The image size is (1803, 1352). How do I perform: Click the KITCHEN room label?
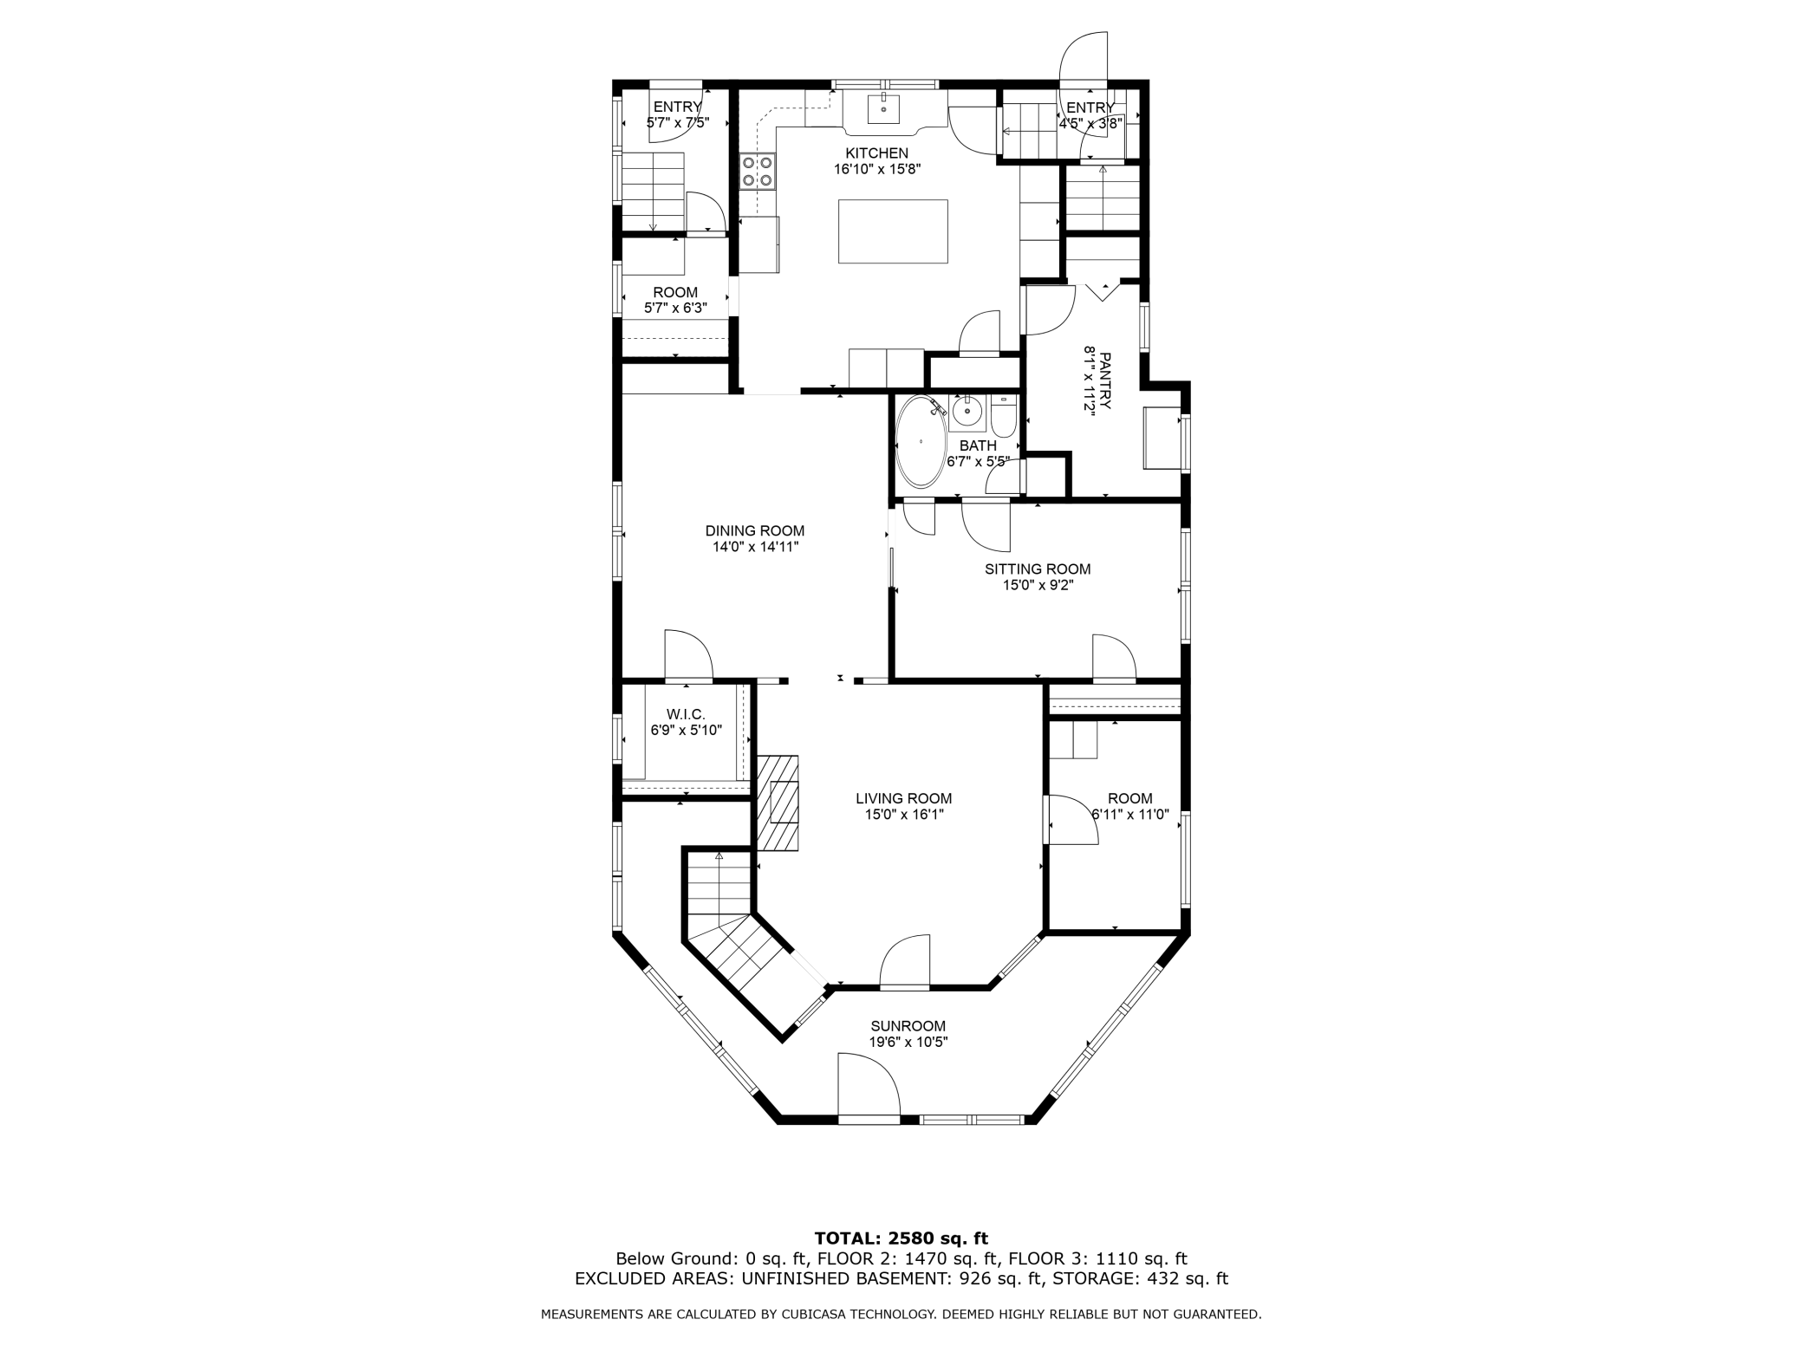click(x=876, y=153)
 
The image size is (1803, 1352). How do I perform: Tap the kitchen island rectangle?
click(x=892, y=231)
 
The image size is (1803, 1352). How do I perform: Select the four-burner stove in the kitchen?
click(x=757, y=172)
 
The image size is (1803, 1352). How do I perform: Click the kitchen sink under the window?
click(x=883, y=110)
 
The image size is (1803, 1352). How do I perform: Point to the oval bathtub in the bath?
click(x=921, y=442)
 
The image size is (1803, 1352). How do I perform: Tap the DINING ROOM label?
click(x=754, y=530)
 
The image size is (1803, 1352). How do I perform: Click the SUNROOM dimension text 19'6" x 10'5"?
click(x=908, y=1043)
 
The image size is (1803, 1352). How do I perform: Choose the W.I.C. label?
click(x=686, y=714)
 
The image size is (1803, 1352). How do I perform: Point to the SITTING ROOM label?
click(x=1037, y=569)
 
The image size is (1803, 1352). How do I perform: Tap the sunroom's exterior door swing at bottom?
click(x=868, y=1087)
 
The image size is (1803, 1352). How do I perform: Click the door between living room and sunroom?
click(x=905, y=963)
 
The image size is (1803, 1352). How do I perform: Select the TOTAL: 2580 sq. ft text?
click(x=901, y=1238)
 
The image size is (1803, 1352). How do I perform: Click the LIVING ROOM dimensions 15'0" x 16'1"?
click(x=903, y=815)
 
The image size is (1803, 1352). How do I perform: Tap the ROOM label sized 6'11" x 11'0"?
click(x=1129, y=798)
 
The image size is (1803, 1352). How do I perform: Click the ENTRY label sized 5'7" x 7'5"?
click(x=677, y=107)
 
